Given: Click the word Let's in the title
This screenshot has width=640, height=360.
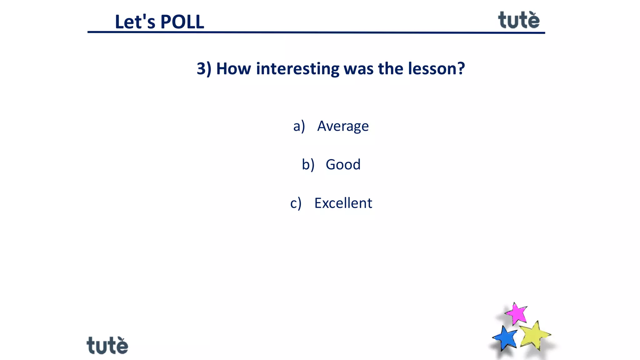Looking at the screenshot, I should click(x=135, y=22).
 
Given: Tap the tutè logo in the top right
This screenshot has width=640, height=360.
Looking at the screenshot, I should click(x=519, y=20).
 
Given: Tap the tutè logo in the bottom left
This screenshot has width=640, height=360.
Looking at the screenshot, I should click(x=107, y=345).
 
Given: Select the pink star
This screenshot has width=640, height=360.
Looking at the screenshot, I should click(x=516, y=313).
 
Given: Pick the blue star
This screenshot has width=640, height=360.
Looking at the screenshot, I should click(x=505, y=338).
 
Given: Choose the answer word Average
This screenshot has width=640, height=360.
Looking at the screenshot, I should click(x=343, y=126).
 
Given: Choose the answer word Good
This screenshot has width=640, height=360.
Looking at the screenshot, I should click(x=343, y=165).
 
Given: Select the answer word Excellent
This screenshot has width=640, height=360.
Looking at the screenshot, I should click(x=343, y=203).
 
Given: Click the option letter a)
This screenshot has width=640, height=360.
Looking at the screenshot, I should click(x=299, y=126).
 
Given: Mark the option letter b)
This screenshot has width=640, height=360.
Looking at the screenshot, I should click(x=308, y=165).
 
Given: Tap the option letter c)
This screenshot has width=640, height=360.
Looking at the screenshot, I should click(x=296, y=203).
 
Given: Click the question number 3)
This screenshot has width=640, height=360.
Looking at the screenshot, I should click(x=204, y=68).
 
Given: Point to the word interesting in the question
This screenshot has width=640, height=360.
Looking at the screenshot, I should click(x=297, y=68).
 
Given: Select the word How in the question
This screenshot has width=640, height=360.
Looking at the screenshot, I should click(x=233, y=68).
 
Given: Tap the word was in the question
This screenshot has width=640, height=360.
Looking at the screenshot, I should click(x=358, y=68).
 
